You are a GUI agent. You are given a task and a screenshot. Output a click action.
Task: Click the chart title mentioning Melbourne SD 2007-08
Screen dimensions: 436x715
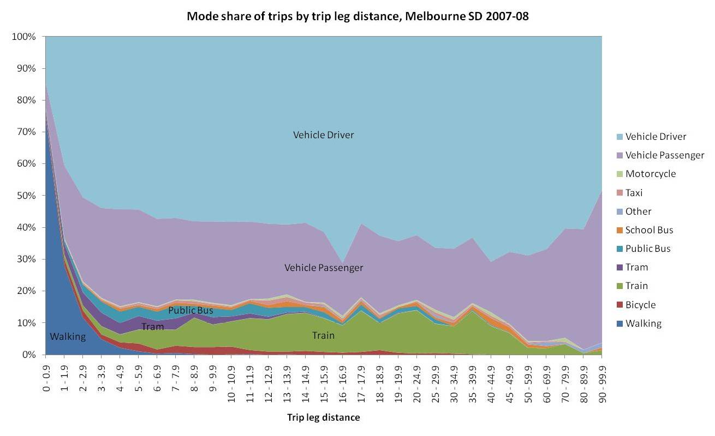tap(357, 16)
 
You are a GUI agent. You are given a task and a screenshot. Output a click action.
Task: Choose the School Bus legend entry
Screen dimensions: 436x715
tap(649, 230)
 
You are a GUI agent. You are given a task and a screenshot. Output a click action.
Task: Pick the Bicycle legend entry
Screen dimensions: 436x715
tap(640, 305)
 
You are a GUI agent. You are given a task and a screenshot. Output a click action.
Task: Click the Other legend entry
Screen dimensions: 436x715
tap(638, 211)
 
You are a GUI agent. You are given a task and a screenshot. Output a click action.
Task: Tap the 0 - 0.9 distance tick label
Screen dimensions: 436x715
tap(46, 378)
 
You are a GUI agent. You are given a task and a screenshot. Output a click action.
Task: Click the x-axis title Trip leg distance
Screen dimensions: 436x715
tap(324, 418)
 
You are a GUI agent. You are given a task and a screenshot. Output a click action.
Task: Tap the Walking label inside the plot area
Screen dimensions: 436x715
tap(68, 337)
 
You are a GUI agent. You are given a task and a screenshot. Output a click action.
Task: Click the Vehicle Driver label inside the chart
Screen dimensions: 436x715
tap(324, 135)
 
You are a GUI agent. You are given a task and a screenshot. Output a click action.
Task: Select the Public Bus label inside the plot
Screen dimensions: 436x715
tap(190, 310)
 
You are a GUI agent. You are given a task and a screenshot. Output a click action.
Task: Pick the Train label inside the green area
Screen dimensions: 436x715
tap(323, 335)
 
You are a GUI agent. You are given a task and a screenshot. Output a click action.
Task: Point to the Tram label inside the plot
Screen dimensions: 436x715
tap(152, 327)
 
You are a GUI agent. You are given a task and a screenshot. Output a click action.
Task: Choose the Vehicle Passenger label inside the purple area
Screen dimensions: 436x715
tap(324, 268)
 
